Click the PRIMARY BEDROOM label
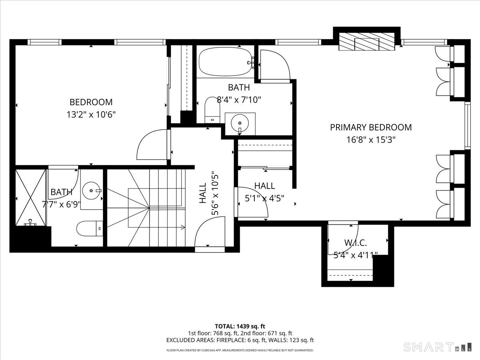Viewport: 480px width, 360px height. click(370, 127)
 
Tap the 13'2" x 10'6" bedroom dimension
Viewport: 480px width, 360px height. click(91, 114)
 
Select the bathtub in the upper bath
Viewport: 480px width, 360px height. click(225, 62)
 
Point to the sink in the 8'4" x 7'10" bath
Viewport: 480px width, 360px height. click(240, 122)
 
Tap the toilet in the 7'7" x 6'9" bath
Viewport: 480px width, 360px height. click(90, 228)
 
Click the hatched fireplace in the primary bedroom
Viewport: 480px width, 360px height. click(367, 42)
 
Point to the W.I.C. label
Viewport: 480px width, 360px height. click(356, 242)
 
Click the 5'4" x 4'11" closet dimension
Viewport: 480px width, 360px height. click(356, 255)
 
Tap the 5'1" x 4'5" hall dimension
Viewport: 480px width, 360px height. click(264, 198)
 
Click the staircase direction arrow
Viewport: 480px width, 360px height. click(182, 228)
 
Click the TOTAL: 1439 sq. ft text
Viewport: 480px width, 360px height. click(240, 326)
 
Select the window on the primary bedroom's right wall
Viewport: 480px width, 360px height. click(467, 126)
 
